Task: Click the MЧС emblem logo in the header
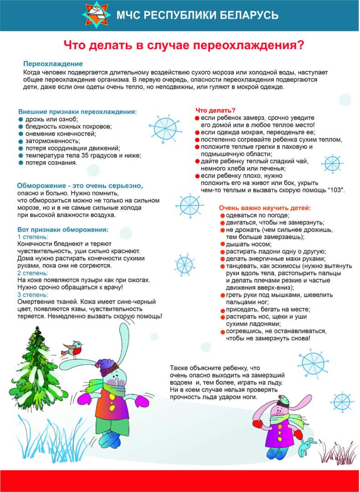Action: pos(96,15)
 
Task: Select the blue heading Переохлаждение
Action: pos(53,64)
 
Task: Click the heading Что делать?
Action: pos(215,110)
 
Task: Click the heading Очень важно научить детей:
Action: pos(264,208)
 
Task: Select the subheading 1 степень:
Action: pos(32,237)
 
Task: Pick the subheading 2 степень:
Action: pos(32,273)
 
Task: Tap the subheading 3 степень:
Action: pos(32,294)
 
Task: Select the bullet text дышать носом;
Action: pos(245,244)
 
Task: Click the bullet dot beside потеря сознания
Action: pos(20,163)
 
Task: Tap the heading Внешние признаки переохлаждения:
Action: pos(77,112)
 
